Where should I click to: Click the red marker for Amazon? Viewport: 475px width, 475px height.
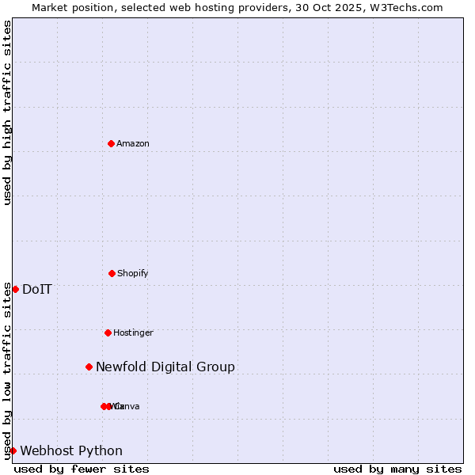click(112, 143)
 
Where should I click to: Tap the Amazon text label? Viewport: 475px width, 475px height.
click(133, 143)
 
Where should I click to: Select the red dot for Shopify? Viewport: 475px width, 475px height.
click(112, 273)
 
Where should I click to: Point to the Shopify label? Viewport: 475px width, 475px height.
click(133, 273)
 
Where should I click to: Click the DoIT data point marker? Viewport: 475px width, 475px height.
click(15, 289)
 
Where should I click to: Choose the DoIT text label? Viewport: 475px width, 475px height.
click(37, 289)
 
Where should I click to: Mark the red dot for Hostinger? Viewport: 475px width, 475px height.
click(108, 332)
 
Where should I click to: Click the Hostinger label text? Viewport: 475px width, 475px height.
click(133, 332)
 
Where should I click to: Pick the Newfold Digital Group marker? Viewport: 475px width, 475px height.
click(89, 367)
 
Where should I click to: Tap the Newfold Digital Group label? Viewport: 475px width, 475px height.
click(165, 367)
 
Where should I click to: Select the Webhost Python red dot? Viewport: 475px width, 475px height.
click(13, 450)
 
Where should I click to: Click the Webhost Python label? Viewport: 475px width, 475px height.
click(71, 450)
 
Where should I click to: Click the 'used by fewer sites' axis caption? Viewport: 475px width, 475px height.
click(82, 469)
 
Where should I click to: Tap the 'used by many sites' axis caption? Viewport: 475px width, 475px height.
click(397, 469)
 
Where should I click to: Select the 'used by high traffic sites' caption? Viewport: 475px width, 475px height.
click(7, 112)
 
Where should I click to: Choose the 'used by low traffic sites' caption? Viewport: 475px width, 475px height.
click(7, 370)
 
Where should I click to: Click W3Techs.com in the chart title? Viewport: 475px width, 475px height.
click(407, 7)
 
